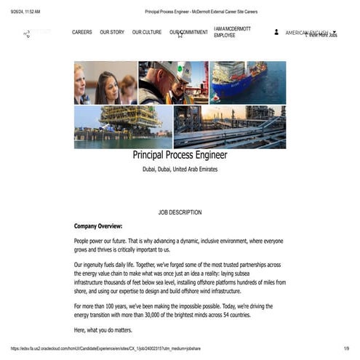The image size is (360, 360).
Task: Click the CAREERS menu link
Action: [82, 32]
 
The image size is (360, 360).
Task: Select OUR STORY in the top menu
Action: [112, 32]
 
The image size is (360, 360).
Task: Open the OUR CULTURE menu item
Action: [147, 32]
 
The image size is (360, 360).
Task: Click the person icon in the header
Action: [276, 32]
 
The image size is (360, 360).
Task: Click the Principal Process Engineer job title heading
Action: [180, 155]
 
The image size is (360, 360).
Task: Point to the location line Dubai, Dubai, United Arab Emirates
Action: [180, 169]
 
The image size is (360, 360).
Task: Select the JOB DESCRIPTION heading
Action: [180, 212]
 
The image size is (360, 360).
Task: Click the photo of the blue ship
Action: [247, 81]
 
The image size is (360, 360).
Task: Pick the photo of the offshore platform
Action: [123, 127]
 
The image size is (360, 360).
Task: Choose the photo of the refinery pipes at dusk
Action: [230, 127]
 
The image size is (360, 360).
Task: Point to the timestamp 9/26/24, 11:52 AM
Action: [25, 12]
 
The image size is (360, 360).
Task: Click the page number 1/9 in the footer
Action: [346, 348]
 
